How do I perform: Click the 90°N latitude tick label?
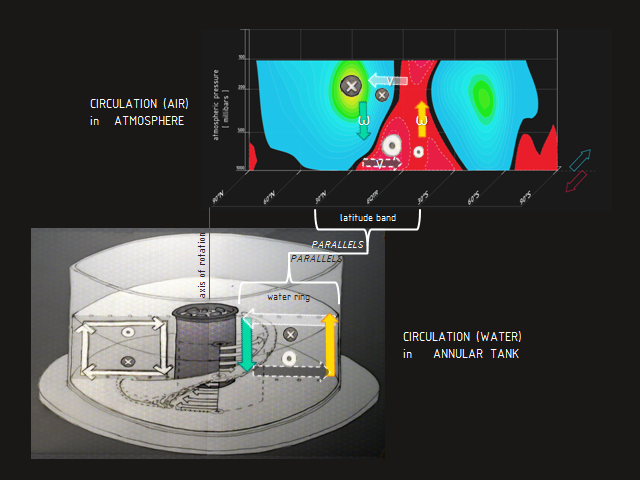click(x=218, y=192)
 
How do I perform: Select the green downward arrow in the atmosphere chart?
click(x=364, y=119)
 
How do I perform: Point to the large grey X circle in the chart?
click(x=350, y=86)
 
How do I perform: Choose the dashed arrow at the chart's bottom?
click(x=382, y=162)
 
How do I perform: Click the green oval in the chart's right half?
click(x=483, y=96)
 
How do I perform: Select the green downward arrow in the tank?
click(x=246, y=345)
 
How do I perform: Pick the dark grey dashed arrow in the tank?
click(x=290, y=370)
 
